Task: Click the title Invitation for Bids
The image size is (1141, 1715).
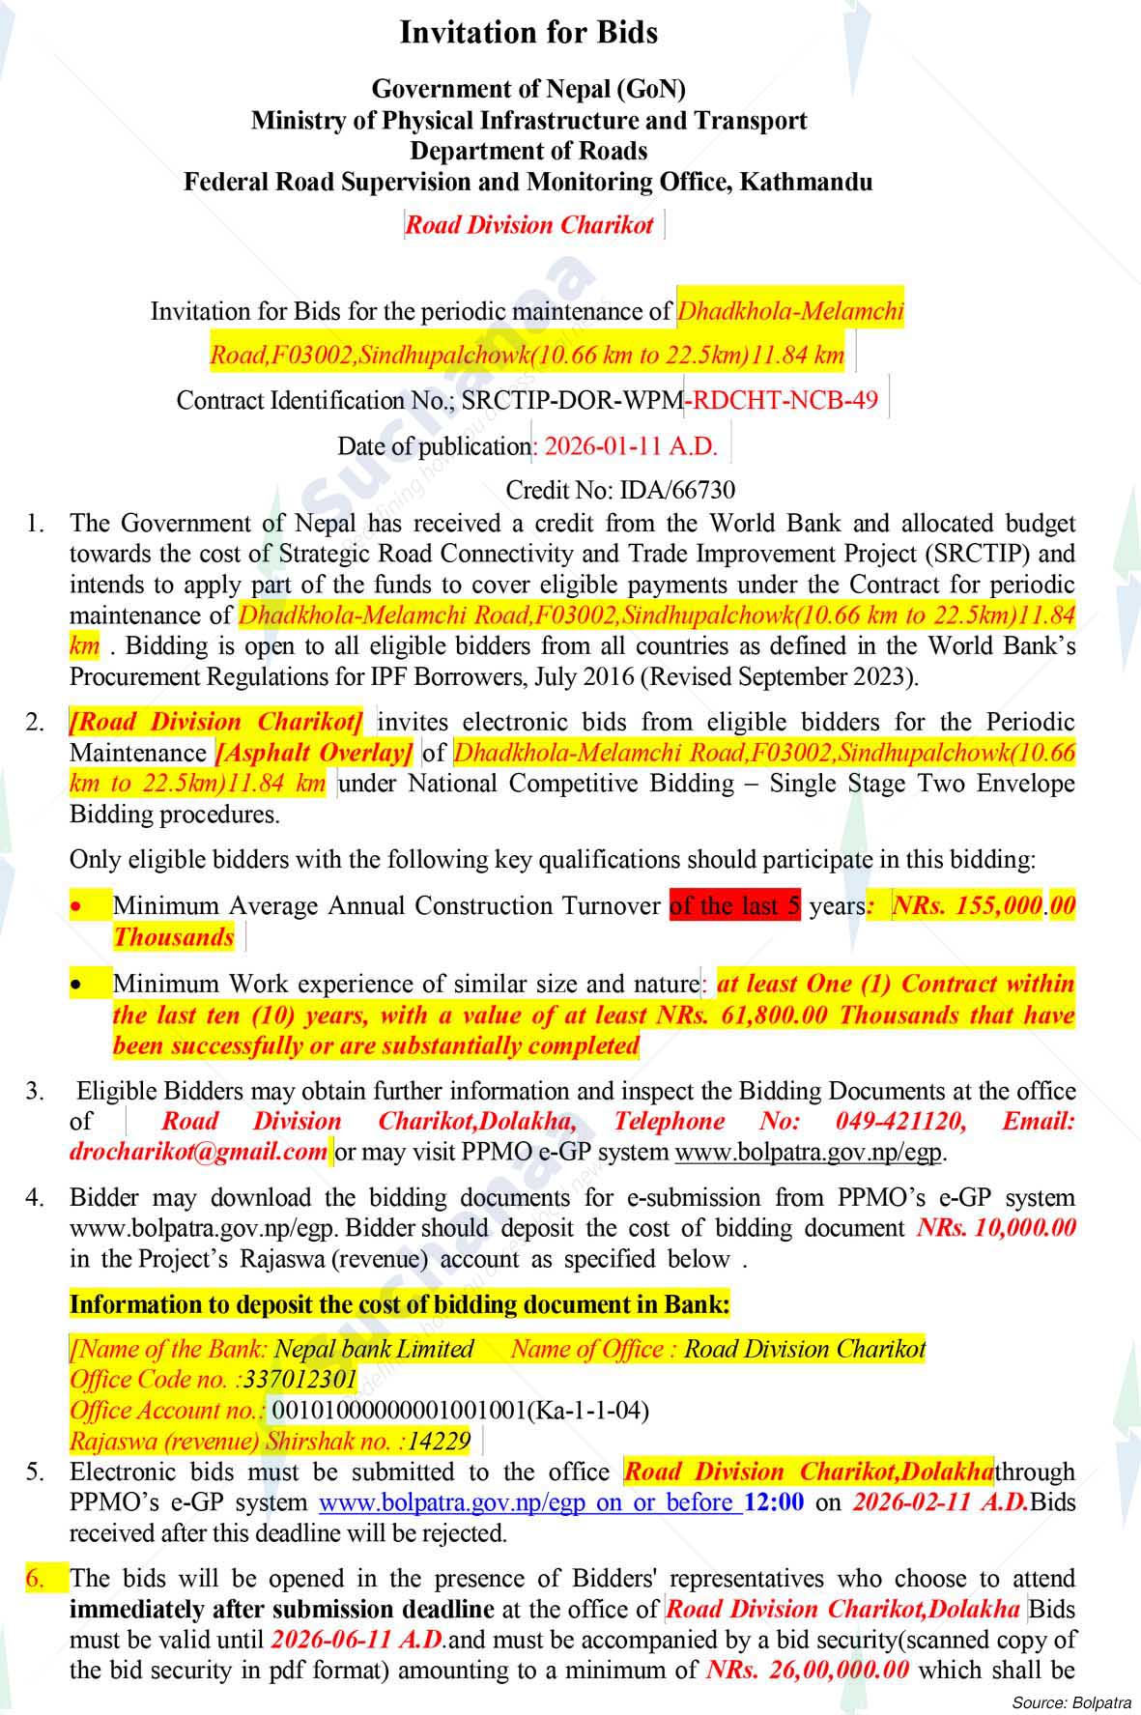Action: [x=528, y=33]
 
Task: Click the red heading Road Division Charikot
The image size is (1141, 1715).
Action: [x=529, y=225]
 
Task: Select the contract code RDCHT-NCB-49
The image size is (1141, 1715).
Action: [x=784, y=400]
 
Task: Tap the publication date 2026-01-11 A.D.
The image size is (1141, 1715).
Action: [x=631, y=446]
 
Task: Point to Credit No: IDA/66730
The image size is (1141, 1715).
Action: [x=620, y=490]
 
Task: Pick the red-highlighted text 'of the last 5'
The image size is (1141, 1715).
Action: [x=734, y=906]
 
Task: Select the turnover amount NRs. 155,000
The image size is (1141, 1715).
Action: [x=967, y=906]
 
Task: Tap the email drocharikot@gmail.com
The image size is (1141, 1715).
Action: [x=198, y=1152]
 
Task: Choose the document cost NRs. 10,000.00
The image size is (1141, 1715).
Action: [x=995, y=1228]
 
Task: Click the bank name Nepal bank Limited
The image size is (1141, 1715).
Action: [x=374, y=1349]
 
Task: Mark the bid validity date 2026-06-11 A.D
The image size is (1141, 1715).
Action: [x=357, y=1639]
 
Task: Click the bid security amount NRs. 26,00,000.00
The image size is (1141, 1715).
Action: [x=807, y=1670]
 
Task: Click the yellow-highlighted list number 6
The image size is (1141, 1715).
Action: [x=34, y=1578]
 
